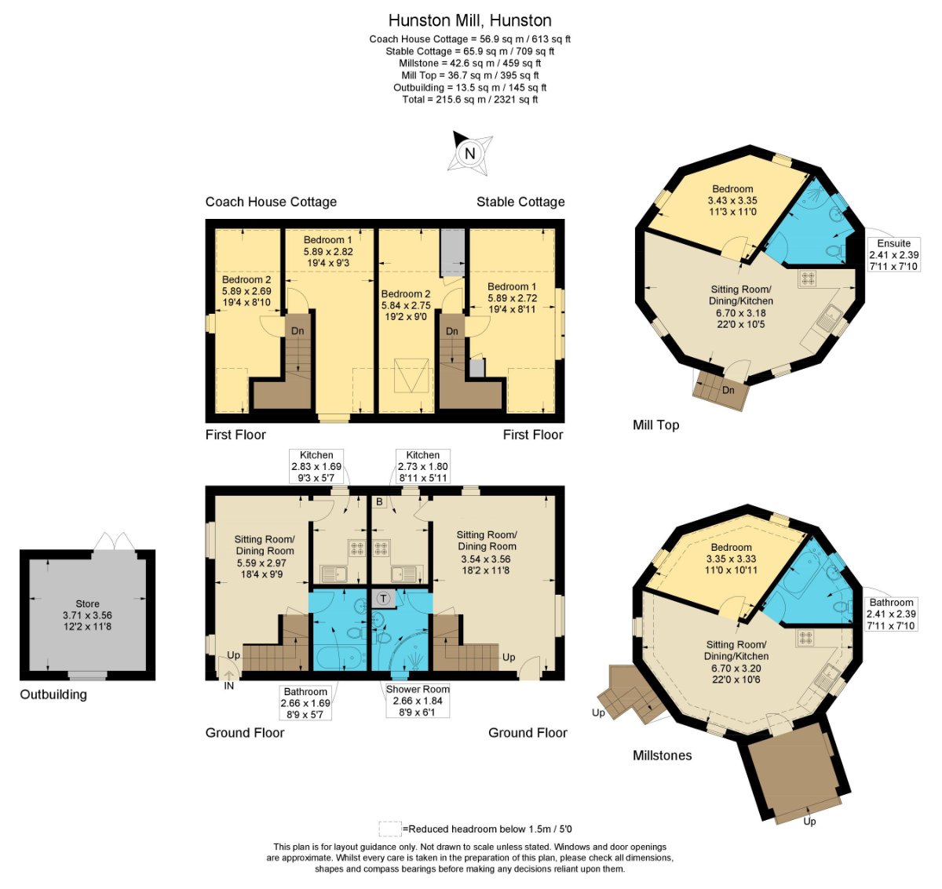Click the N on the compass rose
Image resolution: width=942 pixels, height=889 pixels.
click(469, 154)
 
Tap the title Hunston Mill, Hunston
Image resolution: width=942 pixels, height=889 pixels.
click(470, 20)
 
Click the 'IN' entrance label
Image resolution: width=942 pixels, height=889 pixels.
click(228, 686)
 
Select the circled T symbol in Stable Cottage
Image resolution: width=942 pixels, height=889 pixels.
click(383, 599)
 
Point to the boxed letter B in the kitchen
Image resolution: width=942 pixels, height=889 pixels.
click(379, 501)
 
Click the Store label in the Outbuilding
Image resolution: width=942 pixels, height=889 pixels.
click(87, 603)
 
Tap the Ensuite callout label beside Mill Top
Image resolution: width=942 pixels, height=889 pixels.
click(893, 243)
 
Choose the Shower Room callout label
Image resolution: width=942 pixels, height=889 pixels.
click(418, 689)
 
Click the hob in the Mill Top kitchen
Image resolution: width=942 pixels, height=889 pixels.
click(807, 279)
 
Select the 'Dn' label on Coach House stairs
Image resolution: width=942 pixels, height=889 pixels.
click(298, 330)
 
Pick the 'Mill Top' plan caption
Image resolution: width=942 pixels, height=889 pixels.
click(655, 424)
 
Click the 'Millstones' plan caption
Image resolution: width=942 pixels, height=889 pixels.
click(663, 756)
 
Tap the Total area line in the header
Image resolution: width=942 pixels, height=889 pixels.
click(470, 100)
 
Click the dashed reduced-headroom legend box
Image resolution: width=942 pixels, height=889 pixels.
click(390, 829)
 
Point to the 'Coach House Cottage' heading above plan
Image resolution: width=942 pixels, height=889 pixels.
click(271, 202)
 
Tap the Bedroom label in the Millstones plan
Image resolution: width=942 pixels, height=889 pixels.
click(731, 547)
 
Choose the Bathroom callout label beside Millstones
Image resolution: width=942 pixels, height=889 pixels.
click(891, 602)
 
